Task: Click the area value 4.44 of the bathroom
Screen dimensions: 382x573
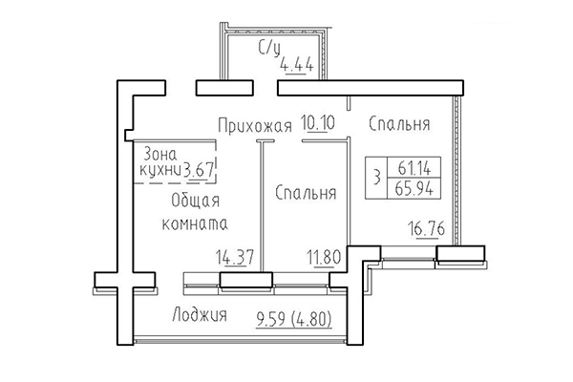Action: (296, 66)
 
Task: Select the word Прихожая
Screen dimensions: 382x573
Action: (252, 124)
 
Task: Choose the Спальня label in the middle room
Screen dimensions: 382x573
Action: (306, 192)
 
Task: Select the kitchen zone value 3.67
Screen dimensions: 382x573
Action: (200, 169)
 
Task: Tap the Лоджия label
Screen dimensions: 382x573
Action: (200, 316)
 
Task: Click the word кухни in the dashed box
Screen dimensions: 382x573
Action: (159, 170)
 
